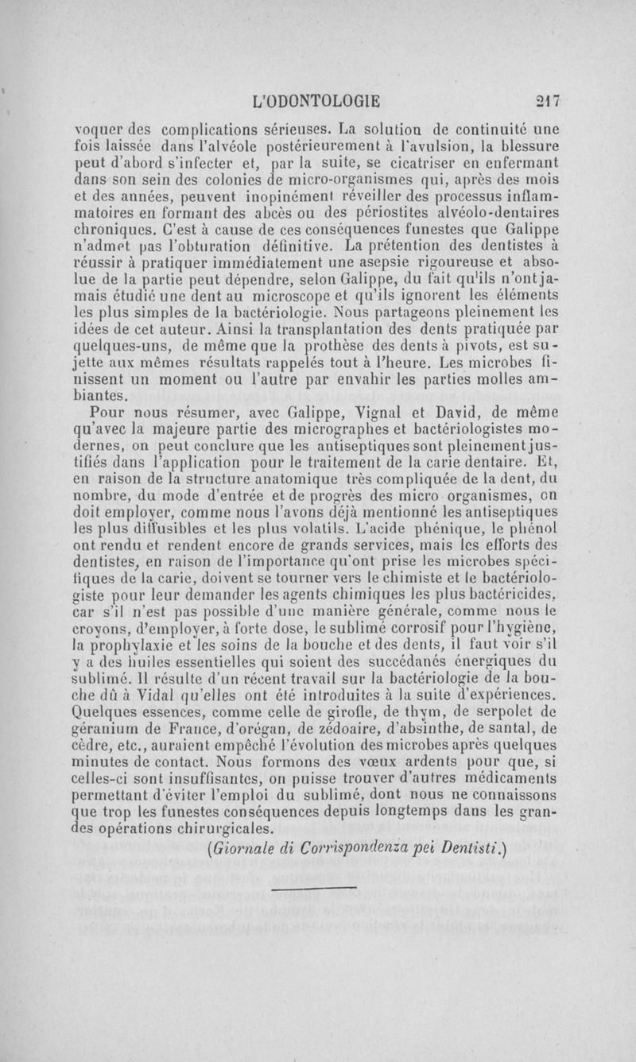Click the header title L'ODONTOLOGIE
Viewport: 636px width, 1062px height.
tap(315, 101)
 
